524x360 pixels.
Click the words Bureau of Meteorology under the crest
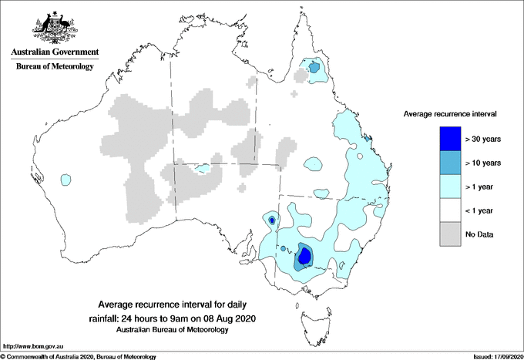pyautogui.click(x=54, y=66)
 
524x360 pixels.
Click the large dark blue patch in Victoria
pyautogui.click(x=304, y=255)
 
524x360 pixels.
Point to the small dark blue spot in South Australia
pyautogui.click(x=271, y=220)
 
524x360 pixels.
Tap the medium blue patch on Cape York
pyautogui.click(x=314, y=68)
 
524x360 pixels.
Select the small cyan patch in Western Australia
pyautogui.click(x=66, y=179)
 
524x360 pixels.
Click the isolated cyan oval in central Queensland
pyautogui.click(x=313, y=163)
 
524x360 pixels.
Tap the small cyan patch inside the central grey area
pyautogui.click(x=203, y=167)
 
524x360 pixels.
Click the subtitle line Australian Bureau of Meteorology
pyautogui.click(x=173, y=329)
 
